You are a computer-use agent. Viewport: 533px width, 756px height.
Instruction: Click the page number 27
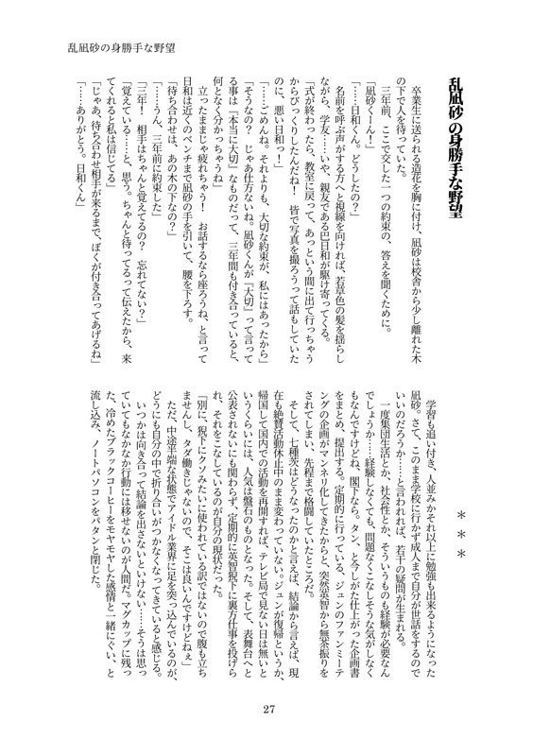click(268, 711)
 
